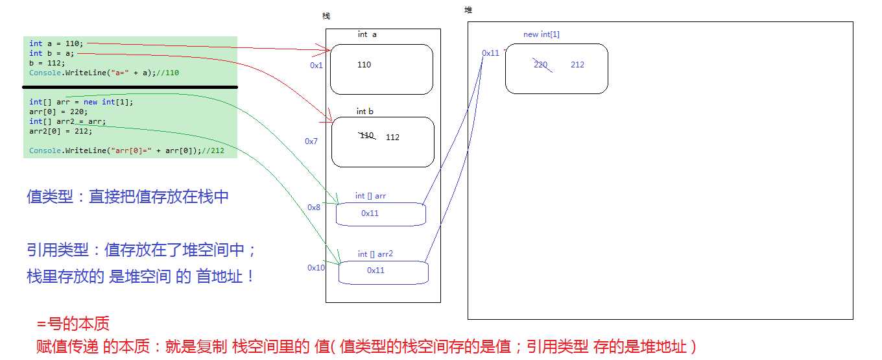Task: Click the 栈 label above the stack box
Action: click(326, 16)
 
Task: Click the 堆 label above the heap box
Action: click(468, 10)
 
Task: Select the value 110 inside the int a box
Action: click(364, 65)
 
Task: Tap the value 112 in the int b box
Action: click(392, 138)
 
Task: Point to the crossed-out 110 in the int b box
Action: click(366, 136)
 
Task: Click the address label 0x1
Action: click(316, 66)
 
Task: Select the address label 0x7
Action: click(311, 141)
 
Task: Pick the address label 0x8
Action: click(314, 208)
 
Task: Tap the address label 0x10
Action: click(316, 268)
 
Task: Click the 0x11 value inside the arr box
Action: click(370, 213)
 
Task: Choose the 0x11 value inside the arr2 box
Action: click(375, 270)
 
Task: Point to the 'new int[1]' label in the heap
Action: click(541, 34)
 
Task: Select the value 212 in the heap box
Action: click(577, 65)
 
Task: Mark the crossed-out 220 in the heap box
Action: click(541, 64)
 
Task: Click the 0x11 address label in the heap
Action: click(490, 53)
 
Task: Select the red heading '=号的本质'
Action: click(73, 324)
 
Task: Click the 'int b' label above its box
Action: click(365, 112)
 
